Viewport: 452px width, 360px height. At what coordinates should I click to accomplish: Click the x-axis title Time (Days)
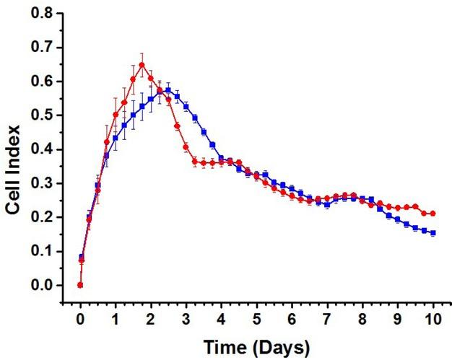click(x=256, y=346)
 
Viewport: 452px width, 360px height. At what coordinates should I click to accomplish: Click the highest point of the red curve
click(x=142, y=65)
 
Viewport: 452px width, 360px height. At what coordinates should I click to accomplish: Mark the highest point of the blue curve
click(x=168, y=90)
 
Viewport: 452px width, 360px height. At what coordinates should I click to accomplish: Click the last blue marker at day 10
click(x=433, y=233)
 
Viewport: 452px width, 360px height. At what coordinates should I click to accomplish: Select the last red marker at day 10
click(x=433, y=214)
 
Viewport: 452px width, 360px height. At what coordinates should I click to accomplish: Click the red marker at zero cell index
click(x=80, y=285)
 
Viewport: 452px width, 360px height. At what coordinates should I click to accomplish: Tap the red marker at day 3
click(x=186, y=147)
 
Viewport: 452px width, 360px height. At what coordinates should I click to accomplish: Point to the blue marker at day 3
click(x=186, y=107)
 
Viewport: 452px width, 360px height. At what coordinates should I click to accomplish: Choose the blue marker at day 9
click(x=398, y=219)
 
